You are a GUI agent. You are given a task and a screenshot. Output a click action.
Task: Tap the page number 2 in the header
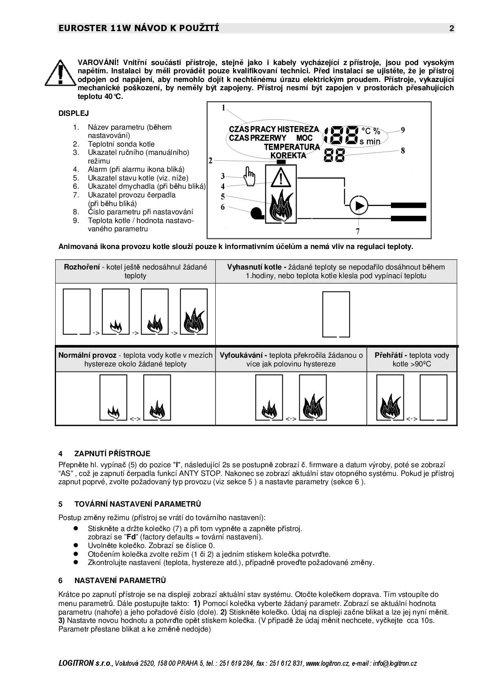coord(452,28)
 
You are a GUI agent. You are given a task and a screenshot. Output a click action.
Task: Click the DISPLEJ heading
coord(74,113)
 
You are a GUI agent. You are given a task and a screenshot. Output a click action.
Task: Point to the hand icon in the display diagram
coord(249,176)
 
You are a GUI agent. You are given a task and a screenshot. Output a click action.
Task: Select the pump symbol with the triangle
coord(358,205)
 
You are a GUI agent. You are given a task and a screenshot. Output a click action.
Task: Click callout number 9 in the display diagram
coord(403,130)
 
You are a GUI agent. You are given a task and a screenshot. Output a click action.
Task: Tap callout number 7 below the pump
coord(358,231)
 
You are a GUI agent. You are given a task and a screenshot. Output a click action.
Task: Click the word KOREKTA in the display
coord(288,155)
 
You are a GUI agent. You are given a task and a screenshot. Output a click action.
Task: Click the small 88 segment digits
coord(334,155)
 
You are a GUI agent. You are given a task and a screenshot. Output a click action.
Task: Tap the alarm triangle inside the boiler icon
coord(281,177)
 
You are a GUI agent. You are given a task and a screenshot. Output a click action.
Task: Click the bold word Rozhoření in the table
coord(82,267)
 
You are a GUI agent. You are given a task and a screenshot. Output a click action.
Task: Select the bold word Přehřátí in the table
coord(390,355)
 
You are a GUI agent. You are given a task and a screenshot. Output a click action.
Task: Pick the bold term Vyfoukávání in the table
coord(243,355)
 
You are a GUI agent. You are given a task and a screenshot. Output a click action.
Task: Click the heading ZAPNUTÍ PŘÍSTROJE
coord(112,453)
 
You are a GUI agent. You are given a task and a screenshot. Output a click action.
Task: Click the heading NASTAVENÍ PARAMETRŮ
coord(120,580)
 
